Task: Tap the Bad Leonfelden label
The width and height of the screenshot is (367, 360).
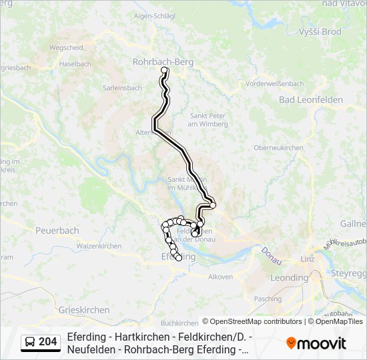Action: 311,99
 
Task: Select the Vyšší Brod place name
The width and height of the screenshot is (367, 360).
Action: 320,32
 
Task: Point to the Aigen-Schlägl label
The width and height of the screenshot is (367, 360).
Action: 155,15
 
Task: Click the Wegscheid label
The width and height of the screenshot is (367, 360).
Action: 66,47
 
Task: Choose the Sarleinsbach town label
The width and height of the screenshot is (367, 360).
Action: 122,87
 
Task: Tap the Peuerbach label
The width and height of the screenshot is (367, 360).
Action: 57,231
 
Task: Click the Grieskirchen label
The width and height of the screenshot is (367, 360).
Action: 84,310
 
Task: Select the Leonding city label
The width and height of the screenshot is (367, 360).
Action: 289,277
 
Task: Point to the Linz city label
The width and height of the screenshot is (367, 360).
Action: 308,259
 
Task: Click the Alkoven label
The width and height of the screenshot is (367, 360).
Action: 221,277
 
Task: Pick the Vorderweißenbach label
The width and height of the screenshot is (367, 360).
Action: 275,83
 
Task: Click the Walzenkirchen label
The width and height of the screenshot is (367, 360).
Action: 99,246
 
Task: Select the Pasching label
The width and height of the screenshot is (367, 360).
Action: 268,299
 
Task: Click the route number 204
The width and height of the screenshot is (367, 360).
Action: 47,342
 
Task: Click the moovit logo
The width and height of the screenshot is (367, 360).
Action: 316,343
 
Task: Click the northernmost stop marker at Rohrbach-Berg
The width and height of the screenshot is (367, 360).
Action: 164,70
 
